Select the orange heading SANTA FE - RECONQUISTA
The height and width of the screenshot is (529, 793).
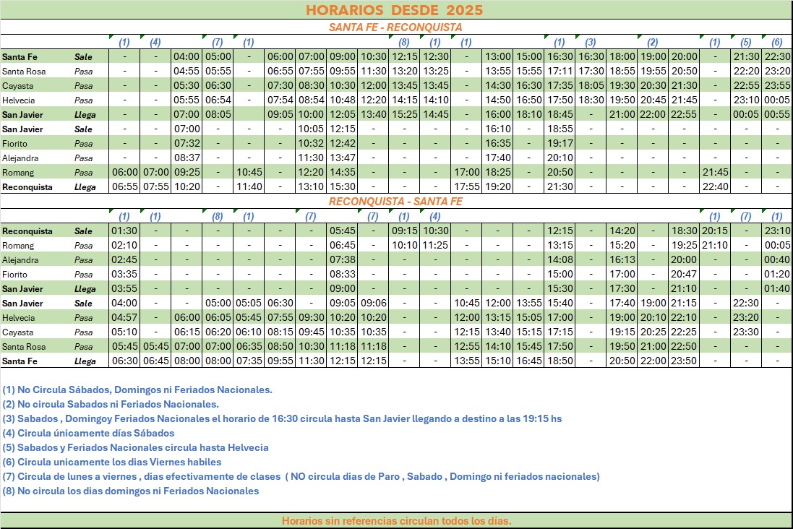pyautogui.click(x=395, y=27)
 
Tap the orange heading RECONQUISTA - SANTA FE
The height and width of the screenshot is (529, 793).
pyautogui.click(x=395, y=202)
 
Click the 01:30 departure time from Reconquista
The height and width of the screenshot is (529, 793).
pyautogui.click(x=124, y=231)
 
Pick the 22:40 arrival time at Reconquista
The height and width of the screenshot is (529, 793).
pyautogui.click(x=715, y=186)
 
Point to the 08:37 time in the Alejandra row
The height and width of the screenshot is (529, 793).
pyautogui.click(x=187, y=158)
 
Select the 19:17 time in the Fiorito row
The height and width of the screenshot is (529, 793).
pyautogui.click(x=560, y=143)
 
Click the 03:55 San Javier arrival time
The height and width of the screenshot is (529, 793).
pyautogui.click(x=124, y=289)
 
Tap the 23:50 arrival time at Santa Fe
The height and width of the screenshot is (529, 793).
pyautogui.click(x=684, y=361)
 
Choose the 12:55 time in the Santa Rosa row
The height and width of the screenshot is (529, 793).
pyautogui.click(x=466, y=347)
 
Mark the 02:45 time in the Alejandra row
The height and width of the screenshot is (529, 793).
pyautogui.click(x=124, y=260)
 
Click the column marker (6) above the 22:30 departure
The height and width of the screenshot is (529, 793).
pyautogui.click(x=777, y=42)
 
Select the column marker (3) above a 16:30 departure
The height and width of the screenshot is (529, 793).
pyautogui.click(x=591, y=42)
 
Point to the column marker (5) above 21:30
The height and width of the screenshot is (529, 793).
pyautogui.click(x=746, y=42)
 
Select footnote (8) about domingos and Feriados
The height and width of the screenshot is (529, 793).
pyautogui.click(x=130, y=491)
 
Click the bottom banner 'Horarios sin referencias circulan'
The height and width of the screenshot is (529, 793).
pyautogui.click(x=396, y=521)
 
